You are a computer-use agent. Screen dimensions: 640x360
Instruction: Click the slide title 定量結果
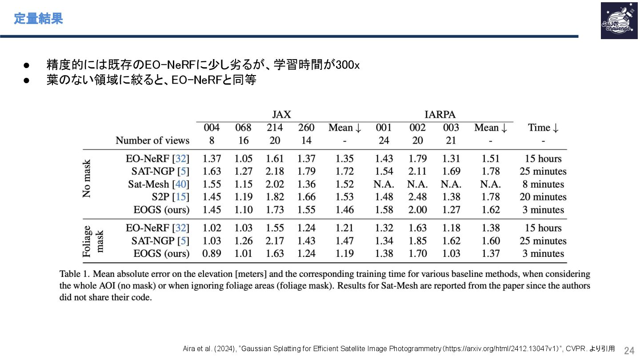pos(38,19)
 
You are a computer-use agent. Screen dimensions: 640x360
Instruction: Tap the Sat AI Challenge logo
pos(619,20)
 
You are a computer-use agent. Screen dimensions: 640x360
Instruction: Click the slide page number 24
pos(629,351)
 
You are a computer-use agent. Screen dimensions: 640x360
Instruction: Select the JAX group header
pos(281,114)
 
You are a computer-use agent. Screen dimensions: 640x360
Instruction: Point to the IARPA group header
pos(440,114)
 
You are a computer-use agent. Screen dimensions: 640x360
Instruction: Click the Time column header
pos(543,128)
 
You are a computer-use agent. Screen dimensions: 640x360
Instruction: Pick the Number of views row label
pos(152,140)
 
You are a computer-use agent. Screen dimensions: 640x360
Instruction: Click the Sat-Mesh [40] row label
pos(159,184)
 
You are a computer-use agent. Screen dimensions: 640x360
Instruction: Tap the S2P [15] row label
pos(171,196)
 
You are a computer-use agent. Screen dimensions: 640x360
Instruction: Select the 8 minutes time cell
pos(543,184)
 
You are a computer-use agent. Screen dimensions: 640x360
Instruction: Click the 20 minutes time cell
pos(543,196)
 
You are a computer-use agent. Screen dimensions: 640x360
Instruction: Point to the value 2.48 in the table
pos(417,196)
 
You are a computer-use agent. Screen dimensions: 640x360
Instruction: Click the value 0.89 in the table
pos(212,253)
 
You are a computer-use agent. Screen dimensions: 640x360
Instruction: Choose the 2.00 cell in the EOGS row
pos(417,209)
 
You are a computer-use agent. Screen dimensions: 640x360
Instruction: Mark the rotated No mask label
pos(86,179)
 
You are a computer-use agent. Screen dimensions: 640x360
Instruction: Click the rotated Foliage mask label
pos(92,241)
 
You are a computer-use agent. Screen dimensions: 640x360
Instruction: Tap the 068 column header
pos(243,128)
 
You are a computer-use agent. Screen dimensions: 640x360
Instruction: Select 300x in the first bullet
pos(348,65)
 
